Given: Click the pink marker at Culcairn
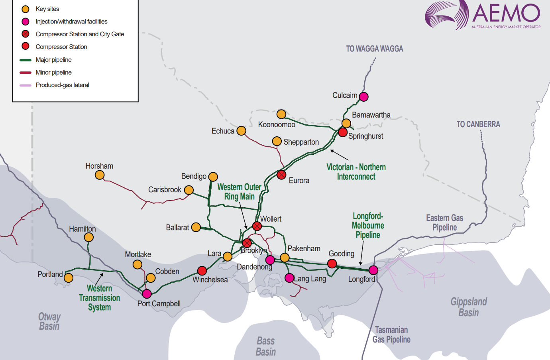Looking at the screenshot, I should [x=363, y=96].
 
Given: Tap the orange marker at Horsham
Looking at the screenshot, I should [x=100, y=175].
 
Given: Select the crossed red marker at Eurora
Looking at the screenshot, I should [x=281, y=175].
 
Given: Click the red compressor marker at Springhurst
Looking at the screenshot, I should [x=343, y=132].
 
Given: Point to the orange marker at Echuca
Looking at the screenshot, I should [x=241, y=131].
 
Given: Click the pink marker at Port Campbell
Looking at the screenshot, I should [x=147, y=294].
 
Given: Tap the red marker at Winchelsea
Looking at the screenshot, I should [x=202, y=271].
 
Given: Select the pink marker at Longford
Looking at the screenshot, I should [x=373, y=270].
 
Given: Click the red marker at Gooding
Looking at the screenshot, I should [x=332, y=263].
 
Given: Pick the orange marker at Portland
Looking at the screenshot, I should [x=69, y=277].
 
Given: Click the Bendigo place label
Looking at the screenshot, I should [x=194, y=176].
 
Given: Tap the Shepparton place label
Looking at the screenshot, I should [x=301, y=142].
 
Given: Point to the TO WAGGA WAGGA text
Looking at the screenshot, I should [x=374, y=49].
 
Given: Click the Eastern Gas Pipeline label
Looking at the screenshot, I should [x=444, y=222].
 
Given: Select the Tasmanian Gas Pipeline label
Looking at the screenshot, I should [x=391, y=334].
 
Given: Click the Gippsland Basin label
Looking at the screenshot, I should [x=469, y=307].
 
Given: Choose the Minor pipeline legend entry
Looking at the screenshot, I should [x=53, y=72].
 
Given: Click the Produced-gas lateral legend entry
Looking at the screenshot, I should [x=62, y=85].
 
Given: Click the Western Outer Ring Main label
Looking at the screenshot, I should [x=239, y=192].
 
